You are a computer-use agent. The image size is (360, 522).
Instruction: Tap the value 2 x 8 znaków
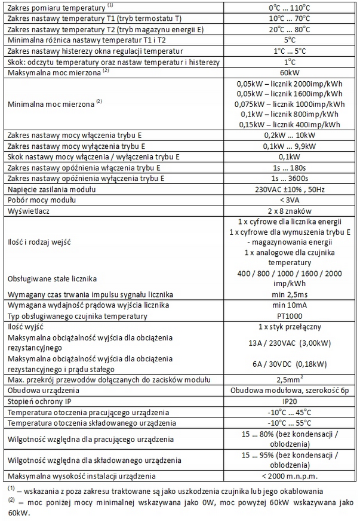(290, 211)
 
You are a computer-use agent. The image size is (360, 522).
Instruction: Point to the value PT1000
(290, 316)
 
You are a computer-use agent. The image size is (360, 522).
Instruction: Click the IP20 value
(290, 401)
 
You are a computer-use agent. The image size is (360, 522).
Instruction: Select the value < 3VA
(290, 201)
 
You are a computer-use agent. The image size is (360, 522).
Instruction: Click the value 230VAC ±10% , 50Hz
(290, 190)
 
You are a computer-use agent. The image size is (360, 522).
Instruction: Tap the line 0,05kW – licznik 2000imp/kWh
(290, 83)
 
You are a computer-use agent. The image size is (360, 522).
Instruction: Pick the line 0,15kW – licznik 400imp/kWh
(290, 124)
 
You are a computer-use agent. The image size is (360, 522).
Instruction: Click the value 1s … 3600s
(290, 179)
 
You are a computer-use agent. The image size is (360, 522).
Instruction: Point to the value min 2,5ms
(290, 294)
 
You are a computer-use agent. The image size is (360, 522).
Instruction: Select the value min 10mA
(290, 305)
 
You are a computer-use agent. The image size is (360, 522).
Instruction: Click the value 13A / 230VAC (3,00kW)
(290, 343)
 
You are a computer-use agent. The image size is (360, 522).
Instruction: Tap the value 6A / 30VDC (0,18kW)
(290, 364)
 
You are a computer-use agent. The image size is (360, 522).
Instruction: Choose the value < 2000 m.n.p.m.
(290, 476)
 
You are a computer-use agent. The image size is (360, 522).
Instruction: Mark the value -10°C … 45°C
(290, 412)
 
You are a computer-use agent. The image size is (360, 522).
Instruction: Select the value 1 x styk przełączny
(290, 327)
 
